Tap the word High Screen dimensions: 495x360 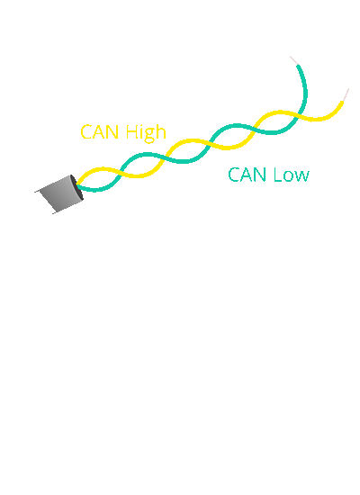point(146,132)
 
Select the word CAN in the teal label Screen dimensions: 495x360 point(247,175)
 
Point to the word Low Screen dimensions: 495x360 point(291,175)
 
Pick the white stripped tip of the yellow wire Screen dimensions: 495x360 point(345,94)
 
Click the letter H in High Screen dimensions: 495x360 point(131,132)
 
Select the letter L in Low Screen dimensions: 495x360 point(275,175)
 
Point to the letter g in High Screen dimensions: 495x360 point(148,135)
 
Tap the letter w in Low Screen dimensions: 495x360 point(302,176)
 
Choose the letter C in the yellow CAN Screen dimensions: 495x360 point(86,132)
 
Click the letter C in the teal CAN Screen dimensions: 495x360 point(234,175)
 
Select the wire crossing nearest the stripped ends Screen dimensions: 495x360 point(298,115)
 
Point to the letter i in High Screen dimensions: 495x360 point(140,132)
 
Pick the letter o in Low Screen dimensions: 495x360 point(287,176)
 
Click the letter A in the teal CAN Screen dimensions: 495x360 point(247,175)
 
